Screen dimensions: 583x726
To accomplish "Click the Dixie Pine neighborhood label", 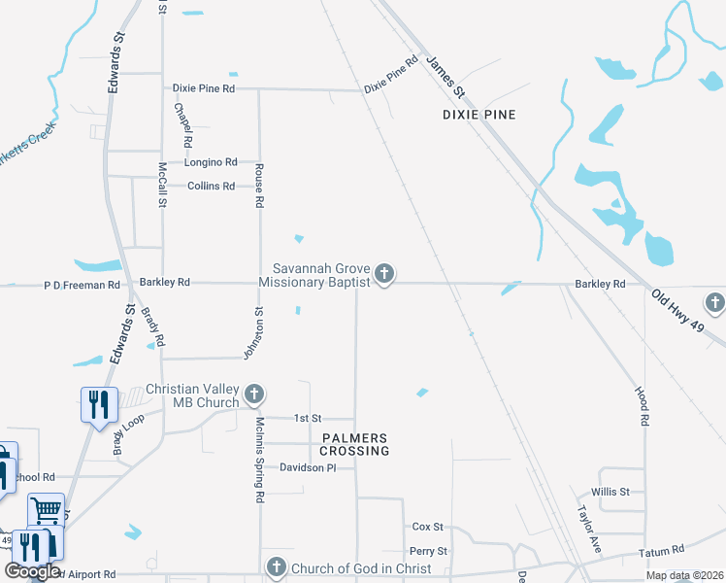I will [x=478, y=115].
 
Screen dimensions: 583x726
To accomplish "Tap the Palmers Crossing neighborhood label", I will [x=354, y=444].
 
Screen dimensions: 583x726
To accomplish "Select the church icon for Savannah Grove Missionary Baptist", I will [x=384, y=274].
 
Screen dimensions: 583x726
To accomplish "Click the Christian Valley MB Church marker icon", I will [x=253, y=394].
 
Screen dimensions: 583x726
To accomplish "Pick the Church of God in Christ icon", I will [x=276, y=567].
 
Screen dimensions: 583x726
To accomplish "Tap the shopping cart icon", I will [x=46, y=509].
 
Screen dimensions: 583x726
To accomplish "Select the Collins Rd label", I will [x=211, y=186].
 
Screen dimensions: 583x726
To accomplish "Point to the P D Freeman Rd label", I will [x=82, y=286].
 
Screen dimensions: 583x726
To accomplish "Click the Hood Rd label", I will [x=643, y=404].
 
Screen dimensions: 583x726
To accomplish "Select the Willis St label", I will [x=611, y=492].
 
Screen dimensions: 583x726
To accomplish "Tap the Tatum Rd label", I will [x=662, y=552].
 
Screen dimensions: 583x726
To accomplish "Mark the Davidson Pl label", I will [x=308, y=467].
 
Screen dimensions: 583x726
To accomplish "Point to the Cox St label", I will [x=428, y=527].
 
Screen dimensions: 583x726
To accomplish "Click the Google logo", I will [x=32, y=571].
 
